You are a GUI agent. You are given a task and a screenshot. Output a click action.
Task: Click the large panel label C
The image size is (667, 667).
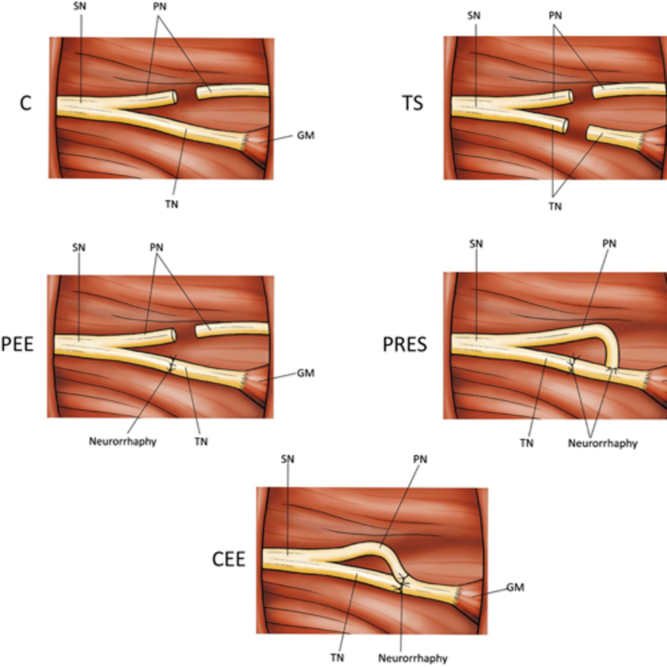[26, 103]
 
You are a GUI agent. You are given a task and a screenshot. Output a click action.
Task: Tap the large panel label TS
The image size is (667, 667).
[413, 103]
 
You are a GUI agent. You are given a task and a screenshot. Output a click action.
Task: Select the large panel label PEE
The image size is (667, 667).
[17, 344]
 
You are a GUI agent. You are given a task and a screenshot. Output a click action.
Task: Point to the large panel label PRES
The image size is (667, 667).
[405, 344]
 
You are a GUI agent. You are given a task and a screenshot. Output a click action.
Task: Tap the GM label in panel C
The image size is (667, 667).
[305, 135]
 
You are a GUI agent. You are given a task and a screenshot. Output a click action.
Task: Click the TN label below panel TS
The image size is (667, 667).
[555, 207]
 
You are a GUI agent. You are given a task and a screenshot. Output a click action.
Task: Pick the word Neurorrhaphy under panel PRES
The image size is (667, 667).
[603, 443]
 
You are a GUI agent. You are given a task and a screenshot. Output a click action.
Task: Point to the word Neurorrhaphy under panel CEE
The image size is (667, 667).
[413, 658]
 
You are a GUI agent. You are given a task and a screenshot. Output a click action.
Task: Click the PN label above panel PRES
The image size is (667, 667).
[609, 244]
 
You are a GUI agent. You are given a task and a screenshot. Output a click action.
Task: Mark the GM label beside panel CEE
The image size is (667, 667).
[515, 587]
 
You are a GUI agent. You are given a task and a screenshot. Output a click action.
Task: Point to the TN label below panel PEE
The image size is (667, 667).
[201, 442]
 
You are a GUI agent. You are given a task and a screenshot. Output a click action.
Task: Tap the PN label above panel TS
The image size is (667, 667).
[555, 16]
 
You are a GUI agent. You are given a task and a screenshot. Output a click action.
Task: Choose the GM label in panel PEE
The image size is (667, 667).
[305, 373]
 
